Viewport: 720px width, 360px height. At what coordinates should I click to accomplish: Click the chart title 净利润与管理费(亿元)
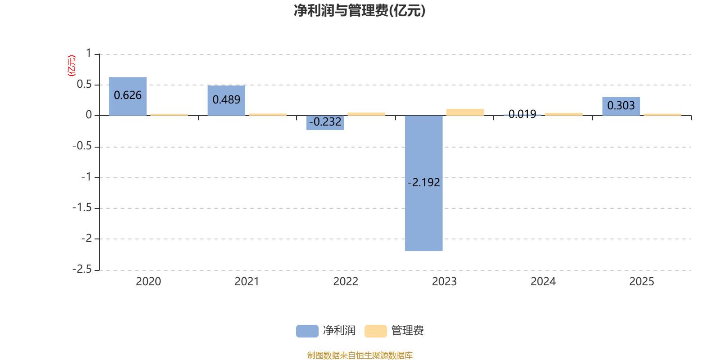pyautogui.click(x=360, y=11)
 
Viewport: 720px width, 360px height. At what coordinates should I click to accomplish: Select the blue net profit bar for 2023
pyautogui.click(x=423, y=183)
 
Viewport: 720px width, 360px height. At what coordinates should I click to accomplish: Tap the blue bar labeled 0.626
pyautogui.click(x=128, y=96)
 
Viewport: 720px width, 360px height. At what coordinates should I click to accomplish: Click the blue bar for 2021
pyautogui.click(x=226, y=101)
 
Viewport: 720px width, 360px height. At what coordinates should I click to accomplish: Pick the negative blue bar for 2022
pyautogui.click(x=325, y=123)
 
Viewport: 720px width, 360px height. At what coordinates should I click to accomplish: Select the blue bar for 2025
pyautogui.click(x=621, y=106)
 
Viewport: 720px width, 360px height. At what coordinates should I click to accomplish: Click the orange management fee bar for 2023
pyautogui.click(x=465, y=112)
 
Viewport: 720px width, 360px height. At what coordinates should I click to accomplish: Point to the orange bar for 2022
pyautogui.click(x=366, y=114)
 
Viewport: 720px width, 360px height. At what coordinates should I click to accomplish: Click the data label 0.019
pyautogui.click(x=522, y=114)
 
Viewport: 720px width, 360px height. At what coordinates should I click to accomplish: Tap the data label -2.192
pyautogui.click(x=423, y=183)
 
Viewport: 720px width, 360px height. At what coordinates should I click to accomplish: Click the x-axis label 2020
pyautogui.click(x=148, y=282)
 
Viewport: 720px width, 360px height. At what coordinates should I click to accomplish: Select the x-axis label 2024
pyautogui.click(x=543, y=282)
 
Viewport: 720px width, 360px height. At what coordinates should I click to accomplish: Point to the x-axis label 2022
pyautogui.click(x=346, y=282)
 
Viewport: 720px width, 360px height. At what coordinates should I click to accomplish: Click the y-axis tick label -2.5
pyautogui.click(x=82, y=269)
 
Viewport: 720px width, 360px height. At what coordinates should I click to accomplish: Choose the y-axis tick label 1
pyautogui.click(x=89, y=53)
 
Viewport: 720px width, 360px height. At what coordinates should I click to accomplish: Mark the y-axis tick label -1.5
pyautogui.click(x=82, y=207)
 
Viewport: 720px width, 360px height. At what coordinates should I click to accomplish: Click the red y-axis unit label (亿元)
pyautogui.click(x=72, y=66)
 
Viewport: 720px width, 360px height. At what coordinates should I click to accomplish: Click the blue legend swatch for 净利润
pyautogui.click(x=307, y=331)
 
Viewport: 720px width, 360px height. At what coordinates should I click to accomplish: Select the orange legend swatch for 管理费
pyautogui.click(x=375, y=331)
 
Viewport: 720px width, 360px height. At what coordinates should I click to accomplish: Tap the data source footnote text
pyautogui.click(x=360, y=355)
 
